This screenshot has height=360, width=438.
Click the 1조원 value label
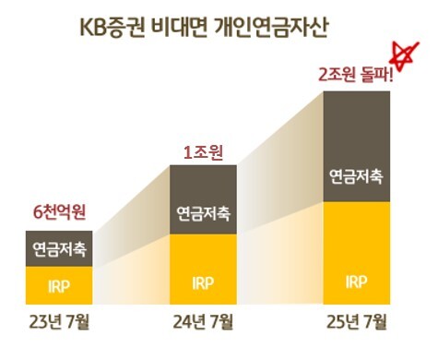click(203, 148)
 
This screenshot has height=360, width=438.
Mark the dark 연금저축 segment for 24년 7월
click(203, 199)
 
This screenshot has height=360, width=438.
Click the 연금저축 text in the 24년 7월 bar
click(203, 213)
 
